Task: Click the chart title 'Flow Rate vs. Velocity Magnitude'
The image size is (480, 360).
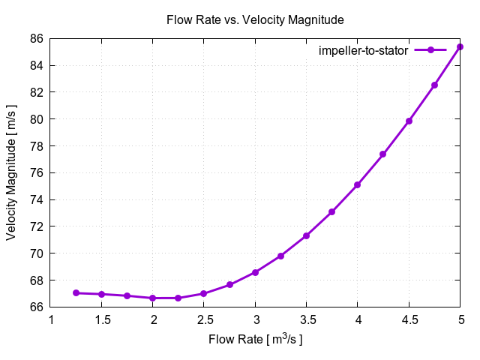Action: pos(254,19)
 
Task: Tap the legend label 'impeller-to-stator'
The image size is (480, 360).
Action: pos(363,50)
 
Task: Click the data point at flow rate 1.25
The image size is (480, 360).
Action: pos(76,292)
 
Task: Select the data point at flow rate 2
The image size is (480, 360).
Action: pos(153,298)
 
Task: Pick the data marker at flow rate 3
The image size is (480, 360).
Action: pos(255,272)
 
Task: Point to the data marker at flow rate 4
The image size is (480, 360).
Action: pos(357,184)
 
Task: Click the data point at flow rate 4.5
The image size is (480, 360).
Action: pos(409,121)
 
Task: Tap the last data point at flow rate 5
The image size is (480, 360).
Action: pos(460,46)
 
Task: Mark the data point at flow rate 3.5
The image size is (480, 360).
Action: pos(306,235)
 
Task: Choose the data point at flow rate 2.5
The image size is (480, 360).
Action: pos(204,293)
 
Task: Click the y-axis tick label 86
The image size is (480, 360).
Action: pos(36,38)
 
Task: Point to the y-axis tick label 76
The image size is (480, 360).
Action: pos(36,172)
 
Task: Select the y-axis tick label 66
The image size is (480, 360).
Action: pos(36,307)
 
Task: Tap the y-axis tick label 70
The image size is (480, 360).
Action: pos(36,253)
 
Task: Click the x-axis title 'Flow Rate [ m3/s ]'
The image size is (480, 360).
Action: pos(255,340)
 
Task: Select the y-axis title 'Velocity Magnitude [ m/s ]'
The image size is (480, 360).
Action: pos(11,172)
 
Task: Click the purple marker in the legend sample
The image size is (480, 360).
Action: pos(430,50)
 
